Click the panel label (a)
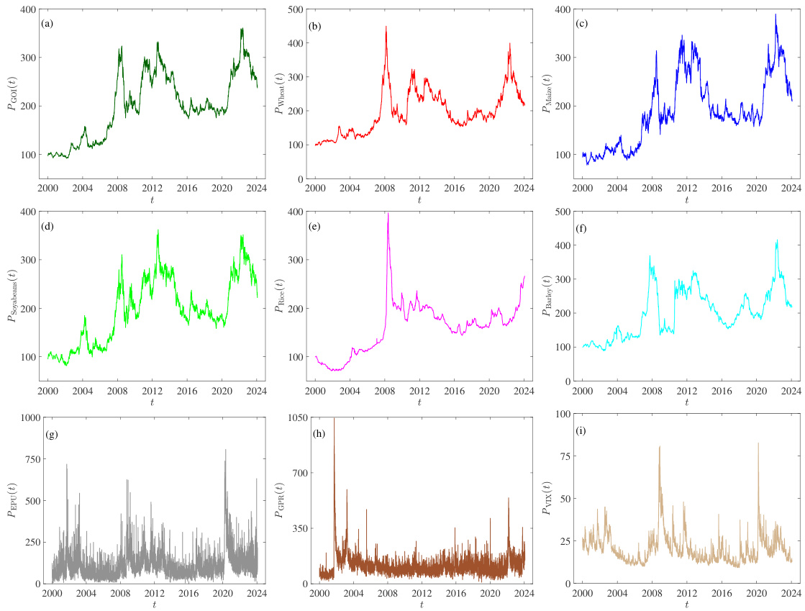(x=48, y=24)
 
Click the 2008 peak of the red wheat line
(x=386, y=27)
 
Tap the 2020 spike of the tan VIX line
(x=758, y=443)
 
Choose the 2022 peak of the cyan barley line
(x=777, y=240)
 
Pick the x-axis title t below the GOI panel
(x=153, y=200)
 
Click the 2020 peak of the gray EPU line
(x=225, y=450)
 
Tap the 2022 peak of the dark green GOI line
(x=242, y=29)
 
